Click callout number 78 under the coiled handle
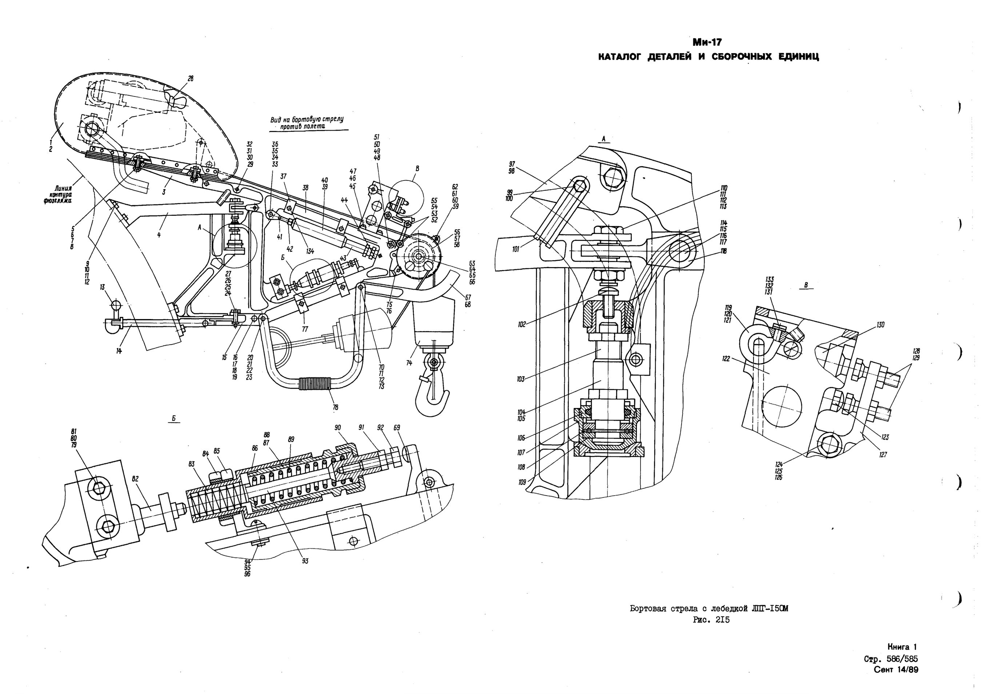[x=336, y=408]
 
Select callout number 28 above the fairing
[x=191, y=79]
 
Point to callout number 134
[x=310, y=251]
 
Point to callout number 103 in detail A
[x=520, y=379]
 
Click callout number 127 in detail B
[x=883, y=455]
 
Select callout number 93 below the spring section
[x=305, y=561]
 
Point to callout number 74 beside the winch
[x=409, y=362]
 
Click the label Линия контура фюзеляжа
[x=58, y=195]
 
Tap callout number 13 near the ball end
[x=102, y=287]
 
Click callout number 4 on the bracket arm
[x=159, y=235]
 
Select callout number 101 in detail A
[x=516, y=249]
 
